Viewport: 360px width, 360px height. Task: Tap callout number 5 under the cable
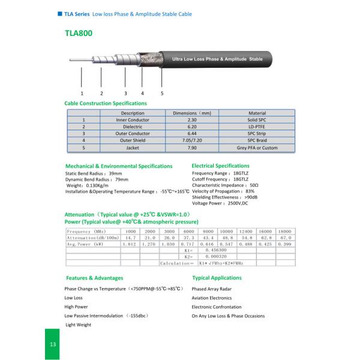pos(162,93)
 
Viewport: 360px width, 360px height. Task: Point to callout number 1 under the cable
pos(82,93)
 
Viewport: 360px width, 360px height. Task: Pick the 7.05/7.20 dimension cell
pos(193,140)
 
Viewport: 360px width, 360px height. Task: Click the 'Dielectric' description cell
pos(133,127)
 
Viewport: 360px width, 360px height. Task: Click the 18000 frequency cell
pos(285,231)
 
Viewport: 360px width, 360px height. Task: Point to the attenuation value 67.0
pos(285,238)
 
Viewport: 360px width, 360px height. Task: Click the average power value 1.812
pos(130,244)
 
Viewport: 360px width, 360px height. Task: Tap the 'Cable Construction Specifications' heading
pos(106,103)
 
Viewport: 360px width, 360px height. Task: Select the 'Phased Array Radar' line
pos(211,289)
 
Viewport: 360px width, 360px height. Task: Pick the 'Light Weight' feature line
pos(78,325)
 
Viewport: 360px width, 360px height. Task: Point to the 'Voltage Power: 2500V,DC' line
pos(220,203)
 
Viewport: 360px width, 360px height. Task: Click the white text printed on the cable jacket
pos(217,60)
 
